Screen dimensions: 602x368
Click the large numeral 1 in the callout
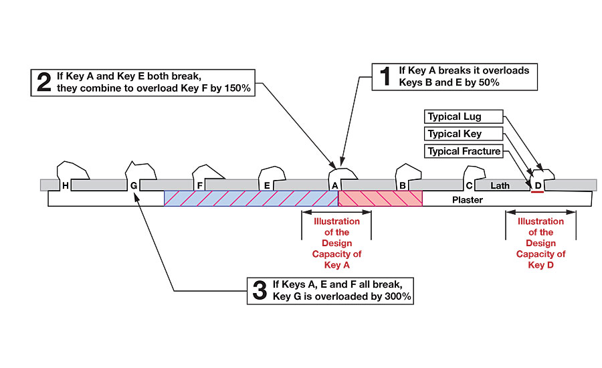point(385,76)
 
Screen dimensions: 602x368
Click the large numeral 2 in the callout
point(44,82)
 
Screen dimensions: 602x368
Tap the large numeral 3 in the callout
point(260,290)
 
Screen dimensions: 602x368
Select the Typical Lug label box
point(464,116)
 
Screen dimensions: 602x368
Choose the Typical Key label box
point(464,134)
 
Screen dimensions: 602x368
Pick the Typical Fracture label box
point(464,151)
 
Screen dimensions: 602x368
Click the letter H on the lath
point(66,185)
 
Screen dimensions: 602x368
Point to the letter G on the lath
point(134,185)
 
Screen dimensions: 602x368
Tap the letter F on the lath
point(199,185)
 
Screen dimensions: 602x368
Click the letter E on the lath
point(267,185)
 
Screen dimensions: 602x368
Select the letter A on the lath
point(335,185)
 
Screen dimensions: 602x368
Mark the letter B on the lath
point(403,185)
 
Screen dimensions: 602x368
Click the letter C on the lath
point(469,185)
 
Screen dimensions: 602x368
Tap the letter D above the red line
point(538,185)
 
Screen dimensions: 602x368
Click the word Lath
point(500,185)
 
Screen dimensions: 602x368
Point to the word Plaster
point(468,200)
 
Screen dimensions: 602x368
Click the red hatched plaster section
point(380,199)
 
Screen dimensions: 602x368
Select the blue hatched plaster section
point(251,199)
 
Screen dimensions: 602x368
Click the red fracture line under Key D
point(538,191)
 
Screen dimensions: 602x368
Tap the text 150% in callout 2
point(237,88)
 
